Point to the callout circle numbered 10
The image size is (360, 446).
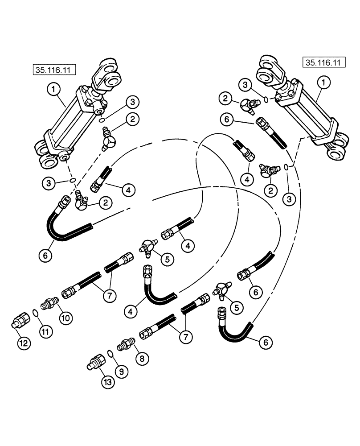[x=65, y=318]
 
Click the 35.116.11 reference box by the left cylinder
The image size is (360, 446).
[x=53, y=70]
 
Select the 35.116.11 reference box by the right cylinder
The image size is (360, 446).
[x=324, y=62]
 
